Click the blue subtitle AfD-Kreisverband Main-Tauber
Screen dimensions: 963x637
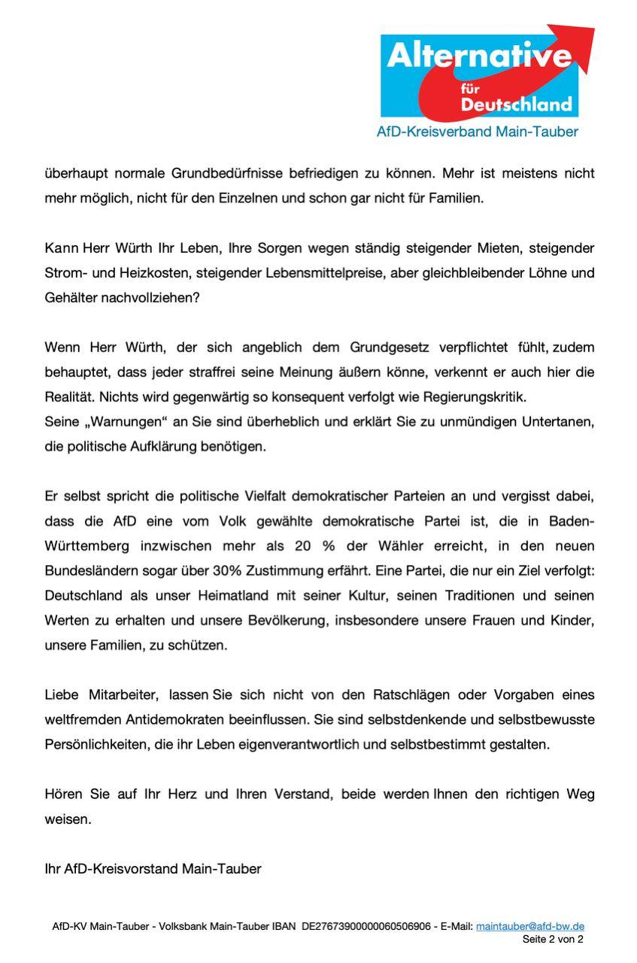click(x=478, y=132)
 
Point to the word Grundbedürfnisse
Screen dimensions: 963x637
click(x=227, y=173)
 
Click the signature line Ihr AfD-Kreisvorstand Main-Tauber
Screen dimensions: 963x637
click(x=153, y=868)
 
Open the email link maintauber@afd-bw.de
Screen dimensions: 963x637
click(x=530, y=926)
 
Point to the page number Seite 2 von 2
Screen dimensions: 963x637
click(x=553, y=939)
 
